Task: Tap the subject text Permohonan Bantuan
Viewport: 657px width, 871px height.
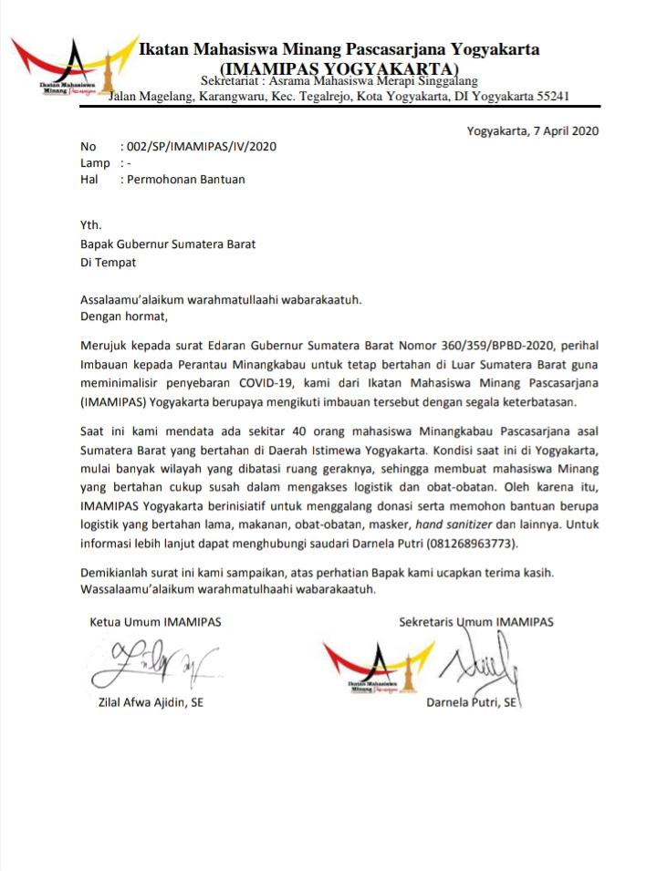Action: coord(186,180)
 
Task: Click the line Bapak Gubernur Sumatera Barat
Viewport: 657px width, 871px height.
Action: coord(168,244)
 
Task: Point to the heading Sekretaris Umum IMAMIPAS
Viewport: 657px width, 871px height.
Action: coord(475,622)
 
